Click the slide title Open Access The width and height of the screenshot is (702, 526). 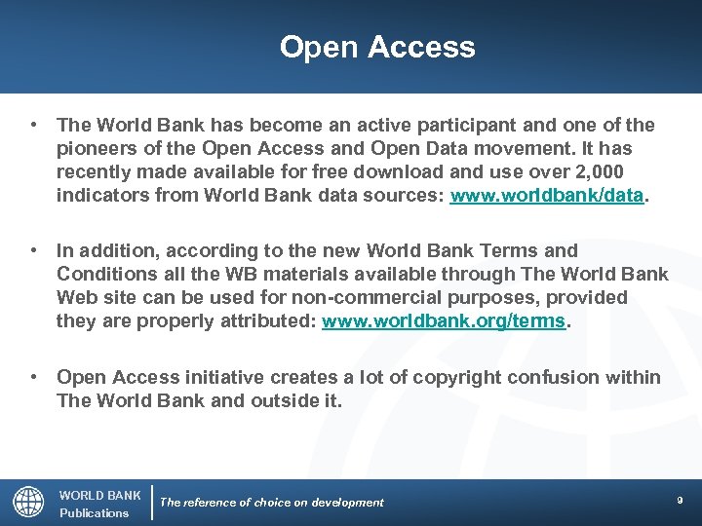[x=377, y=47]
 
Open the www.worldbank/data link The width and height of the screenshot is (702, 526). [x=546, y=196]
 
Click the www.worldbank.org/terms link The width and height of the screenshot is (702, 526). [x=444, y=320]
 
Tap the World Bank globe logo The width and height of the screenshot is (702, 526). [x=28, y=503]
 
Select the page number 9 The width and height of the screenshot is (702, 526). [x=680, y=500]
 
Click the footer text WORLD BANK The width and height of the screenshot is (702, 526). [x=100, y=495]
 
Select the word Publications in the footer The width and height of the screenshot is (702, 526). [x=94, y=513]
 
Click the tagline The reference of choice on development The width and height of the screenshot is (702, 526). [x=272, y=503]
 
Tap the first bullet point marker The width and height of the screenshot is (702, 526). [x=34, y=126]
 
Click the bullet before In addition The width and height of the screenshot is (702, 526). [x=34, y=250]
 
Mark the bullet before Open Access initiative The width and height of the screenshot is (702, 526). [x=34, y=377]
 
